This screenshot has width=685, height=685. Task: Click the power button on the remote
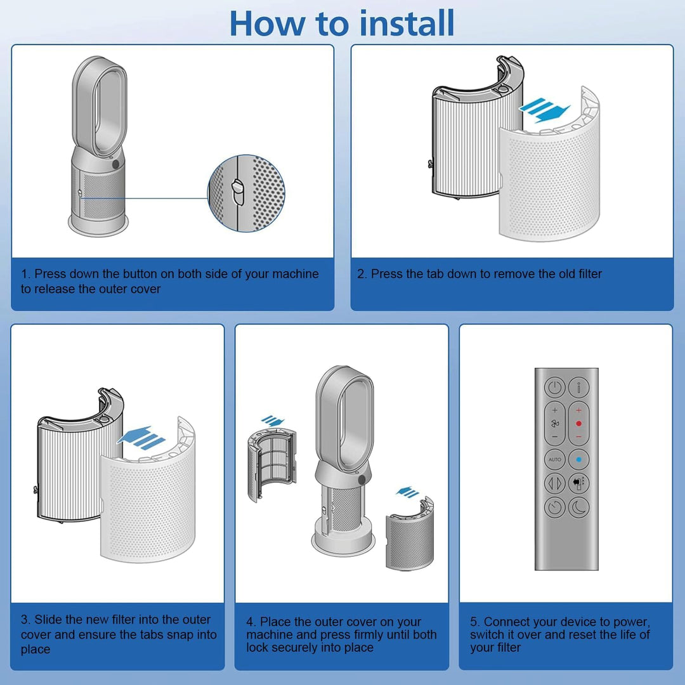(x=555, y=387)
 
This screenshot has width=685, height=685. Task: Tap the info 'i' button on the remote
(x=579, y=387)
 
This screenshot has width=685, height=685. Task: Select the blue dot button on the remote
(x=579, y=460)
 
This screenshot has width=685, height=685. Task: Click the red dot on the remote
(x=579, y=423)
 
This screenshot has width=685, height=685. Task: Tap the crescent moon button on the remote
(x=579, y=507)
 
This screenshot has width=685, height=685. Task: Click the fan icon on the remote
(x=555, y=423)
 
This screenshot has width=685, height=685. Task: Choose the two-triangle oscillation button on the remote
(x=555, y=483)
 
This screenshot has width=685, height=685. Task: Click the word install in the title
(x=407, y=23)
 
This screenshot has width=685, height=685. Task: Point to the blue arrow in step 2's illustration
(x=544, y=110)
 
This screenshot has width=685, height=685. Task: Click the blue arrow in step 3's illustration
(x=141, y=437)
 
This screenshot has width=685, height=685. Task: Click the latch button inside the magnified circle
(x=238, y=192)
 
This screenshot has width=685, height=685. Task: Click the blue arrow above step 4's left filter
(x=273, y=421)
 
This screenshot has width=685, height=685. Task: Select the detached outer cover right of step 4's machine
(x=410, y=534)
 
